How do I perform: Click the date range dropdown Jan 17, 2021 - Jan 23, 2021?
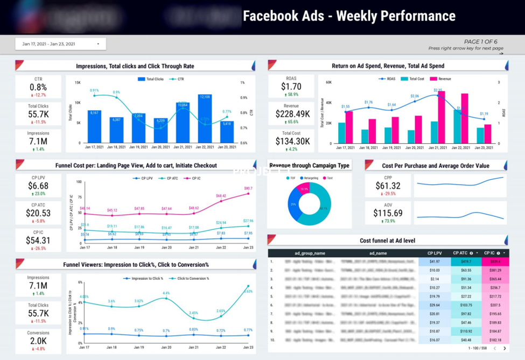tap(60, 44)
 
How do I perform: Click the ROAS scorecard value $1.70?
tap(291, 87)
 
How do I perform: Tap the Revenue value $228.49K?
tap(292, 114)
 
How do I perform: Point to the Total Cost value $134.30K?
tap(292, 142)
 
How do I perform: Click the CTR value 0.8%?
tap(38, 87)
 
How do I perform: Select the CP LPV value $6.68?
tap(38, 186)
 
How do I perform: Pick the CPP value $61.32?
tap(388, 186)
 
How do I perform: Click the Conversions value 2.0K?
tap(38, 341)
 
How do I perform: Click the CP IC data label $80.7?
tap(248, 189)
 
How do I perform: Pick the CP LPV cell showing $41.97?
tap(435, 262)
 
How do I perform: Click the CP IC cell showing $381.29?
tap(495, 271)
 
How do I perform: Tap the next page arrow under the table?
tap(505, 349)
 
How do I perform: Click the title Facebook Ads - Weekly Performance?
tap(349, 16)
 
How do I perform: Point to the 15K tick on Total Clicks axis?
tap(78, 83)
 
